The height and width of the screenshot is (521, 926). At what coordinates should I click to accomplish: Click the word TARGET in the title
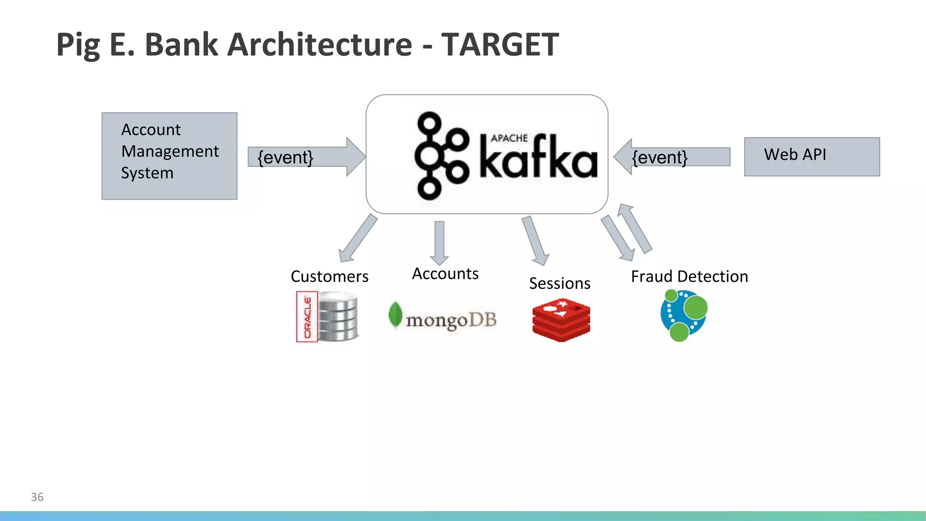(x=500, y=44)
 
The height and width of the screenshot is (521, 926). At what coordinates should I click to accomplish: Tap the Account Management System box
(x=170, y=156)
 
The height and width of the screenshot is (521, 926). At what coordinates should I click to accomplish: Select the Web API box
(x=812, y=156)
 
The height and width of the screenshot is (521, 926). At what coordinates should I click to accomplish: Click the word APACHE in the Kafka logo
(x=509, y=138)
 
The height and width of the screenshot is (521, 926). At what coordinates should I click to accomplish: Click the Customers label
(x=329, y=276)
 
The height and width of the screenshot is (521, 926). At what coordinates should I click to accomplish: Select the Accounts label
(x=445, y=274)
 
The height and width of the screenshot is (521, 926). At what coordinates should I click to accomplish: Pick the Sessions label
(x=559, y=284)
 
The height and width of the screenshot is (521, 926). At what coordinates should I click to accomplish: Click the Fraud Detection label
(x=689, y=276)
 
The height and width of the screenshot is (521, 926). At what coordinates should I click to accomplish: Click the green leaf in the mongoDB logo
(x=395, y=314)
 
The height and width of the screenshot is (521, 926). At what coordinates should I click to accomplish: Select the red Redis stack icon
(x=561, y=320)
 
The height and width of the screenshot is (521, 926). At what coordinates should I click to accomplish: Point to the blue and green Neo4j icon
(x=683, y=316)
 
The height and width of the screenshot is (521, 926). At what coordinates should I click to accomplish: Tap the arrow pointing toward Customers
(x=358, y=238)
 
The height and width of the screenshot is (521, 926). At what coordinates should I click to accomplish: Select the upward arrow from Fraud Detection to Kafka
(x=635, y=228)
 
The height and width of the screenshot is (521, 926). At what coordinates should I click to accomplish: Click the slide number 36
(x=37, y=497)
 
